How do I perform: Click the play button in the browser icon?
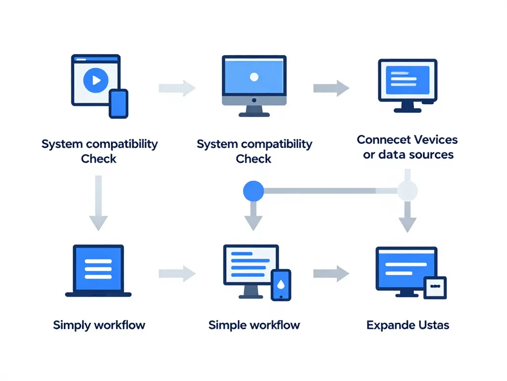pos(96,79)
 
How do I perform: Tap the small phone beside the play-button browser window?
pos(118,104)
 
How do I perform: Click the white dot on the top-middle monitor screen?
pos(254,77)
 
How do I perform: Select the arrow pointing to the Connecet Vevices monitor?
pos(331,88)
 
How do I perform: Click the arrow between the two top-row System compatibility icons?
pos(177,88)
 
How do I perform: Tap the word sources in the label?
pos(430,155)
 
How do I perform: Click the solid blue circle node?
pos(253,190)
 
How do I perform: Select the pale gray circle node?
pos(407,190)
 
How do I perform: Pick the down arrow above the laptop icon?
pos(99,203)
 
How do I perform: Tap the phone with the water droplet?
pos(281,285)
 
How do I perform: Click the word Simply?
pos(72,325)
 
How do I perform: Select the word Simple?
pos(227,325)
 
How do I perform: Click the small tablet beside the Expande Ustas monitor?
pos(435,288)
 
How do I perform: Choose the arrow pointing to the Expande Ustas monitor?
pos(331,272)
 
